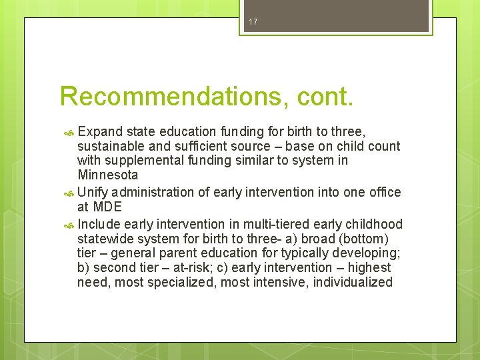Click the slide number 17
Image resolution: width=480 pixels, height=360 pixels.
[253, 22]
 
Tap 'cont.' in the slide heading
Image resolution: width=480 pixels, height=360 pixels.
[323, 96]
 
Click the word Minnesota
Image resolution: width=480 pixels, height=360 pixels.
[108, 175]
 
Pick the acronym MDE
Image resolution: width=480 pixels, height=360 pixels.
[107, 207]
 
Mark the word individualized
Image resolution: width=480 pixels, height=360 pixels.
[351, 283]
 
